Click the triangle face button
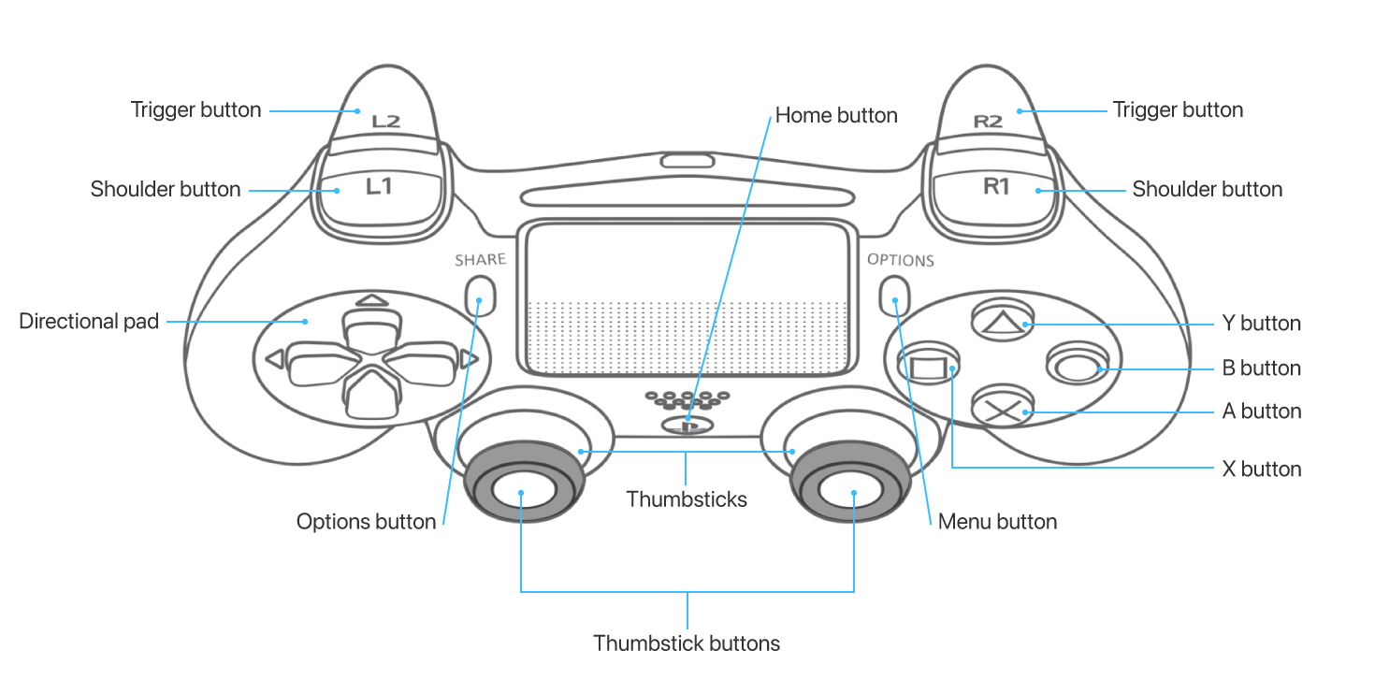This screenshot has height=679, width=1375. [x=1003, y=320]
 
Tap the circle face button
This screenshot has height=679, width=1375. [x=1078, y=365]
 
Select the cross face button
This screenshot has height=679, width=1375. [x=1003, y=408]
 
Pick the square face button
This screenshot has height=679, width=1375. [x=928, y=365]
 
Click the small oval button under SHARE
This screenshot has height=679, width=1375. [x=480, y=296]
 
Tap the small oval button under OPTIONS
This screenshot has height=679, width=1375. [x=894, y=296]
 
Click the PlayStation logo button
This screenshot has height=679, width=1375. [x=687, y=425]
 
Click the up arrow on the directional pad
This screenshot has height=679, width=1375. [x=372, y=301]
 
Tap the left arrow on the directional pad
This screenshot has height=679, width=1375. [x=274, y=358]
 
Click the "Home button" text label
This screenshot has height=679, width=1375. [x=836, y=115]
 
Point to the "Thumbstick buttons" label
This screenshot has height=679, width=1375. [x=687, y=643]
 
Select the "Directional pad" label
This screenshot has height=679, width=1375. [x=89, y=321]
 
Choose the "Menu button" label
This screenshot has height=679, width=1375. [x=997, y=521]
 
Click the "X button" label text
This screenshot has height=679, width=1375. [x=1262, y=470]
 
